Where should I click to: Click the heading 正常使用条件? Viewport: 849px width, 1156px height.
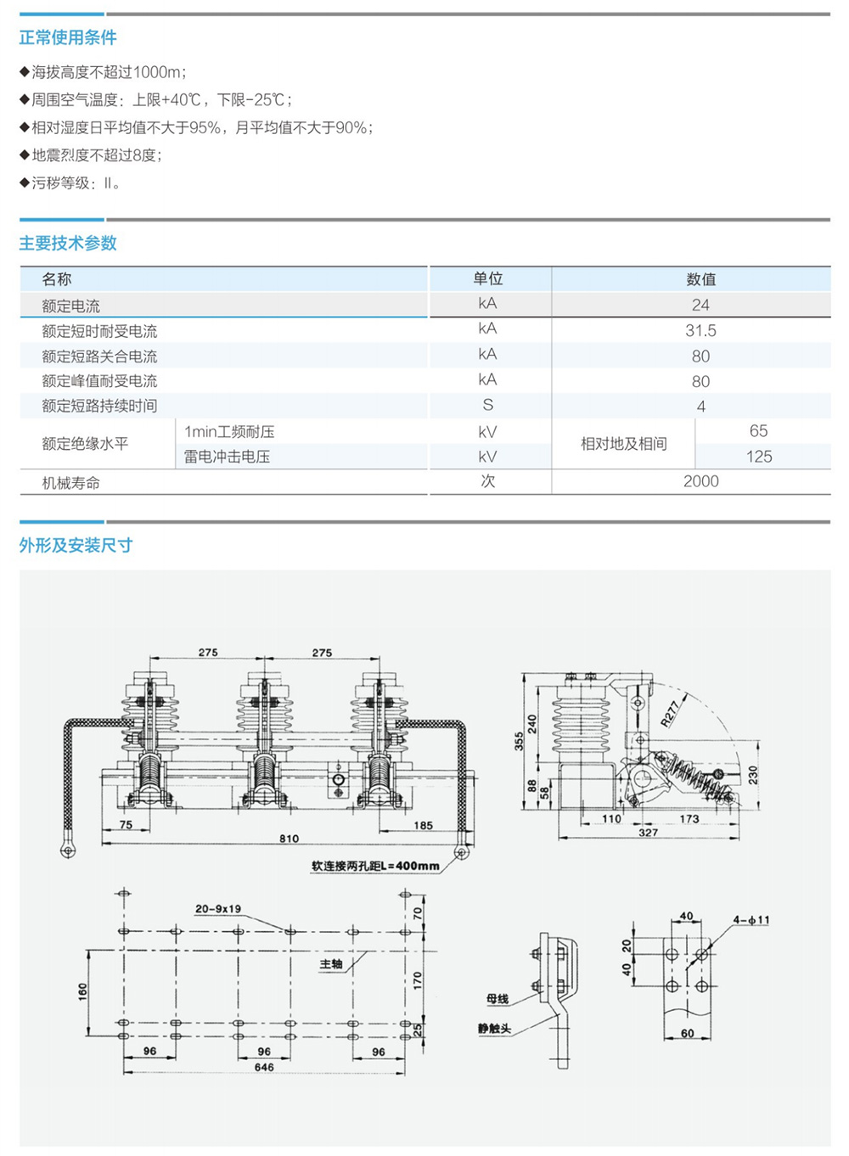point(68,37)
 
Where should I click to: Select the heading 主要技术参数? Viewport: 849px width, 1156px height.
point(68,243)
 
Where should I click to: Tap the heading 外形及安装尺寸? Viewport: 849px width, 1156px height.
point(76,545)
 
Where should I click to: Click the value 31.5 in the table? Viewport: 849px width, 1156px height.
point(700,330)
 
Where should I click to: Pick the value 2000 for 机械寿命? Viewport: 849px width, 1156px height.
point(701,481)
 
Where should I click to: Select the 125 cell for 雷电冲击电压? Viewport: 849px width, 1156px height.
point(759,457)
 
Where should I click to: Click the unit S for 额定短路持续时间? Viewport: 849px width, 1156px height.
point(487,405)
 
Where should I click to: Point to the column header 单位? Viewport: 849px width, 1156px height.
point(487,278)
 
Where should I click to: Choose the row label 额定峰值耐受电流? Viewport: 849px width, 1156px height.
point(99,381)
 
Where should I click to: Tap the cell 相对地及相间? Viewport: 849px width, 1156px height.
point(623,443)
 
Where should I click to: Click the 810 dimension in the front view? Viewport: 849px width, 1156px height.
point(289,839)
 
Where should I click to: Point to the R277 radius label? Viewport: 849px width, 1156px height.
point(670,715)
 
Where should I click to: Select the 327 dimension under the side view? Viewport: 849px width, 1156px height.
point(649,833)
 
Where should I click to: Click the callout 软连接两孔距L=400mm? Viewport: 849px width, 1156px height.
point(375,866)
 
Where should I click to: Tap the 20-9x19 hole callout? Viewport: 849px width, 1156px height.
point(218,909)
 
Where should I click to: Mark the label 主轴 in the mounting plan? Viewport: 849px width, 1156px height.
point(331,963)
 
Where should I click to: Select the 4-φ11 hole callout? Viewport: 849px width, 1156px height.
point(751,920)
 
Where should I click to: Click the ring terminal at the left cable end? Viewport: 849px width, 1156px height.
point(68,849)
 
